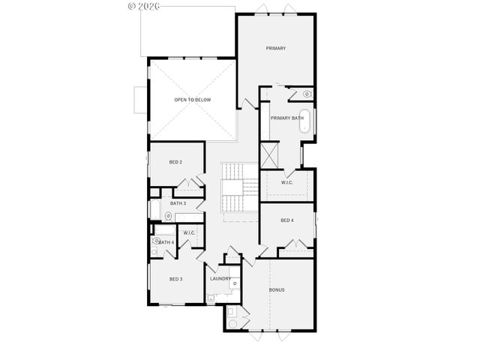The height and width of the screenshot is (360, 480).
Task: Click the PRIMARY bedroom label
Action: tap(276, 49)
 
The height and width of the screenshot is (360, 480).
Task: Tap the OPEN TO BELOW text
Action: tap(192, 99)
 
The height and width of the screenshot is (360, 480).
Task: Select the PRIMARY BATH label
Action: tap(287, 118)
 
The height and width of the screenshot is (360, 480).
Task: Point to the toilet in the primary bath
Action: tap(307, 94)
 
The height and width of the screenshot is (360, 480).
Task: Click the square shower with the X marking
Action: tap(269, 155)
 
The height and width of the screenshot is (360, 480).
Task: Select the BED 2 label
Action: tap(176, 162)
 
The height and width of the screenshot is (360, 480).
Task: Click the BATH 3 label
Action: tap(178, 203)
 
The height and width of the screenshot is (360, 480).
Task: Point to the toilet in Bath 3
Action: tap(168, 216)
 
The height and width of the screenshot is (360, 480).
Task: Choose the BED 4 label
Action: tap(287, 220)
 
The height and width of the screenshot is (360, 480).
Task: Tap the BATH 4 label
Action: tap(166, 242)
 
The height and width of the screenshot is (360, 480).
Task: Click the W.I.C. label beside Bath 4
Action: tap(189, 233)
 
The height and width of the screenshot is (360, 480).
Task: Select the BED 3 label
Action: tap(175, 279)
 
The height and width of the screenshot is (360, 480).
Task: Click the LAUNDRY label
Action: tap(220, 279)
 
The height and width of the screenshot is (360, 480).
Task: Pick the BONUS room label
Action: tap(277, 289)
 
